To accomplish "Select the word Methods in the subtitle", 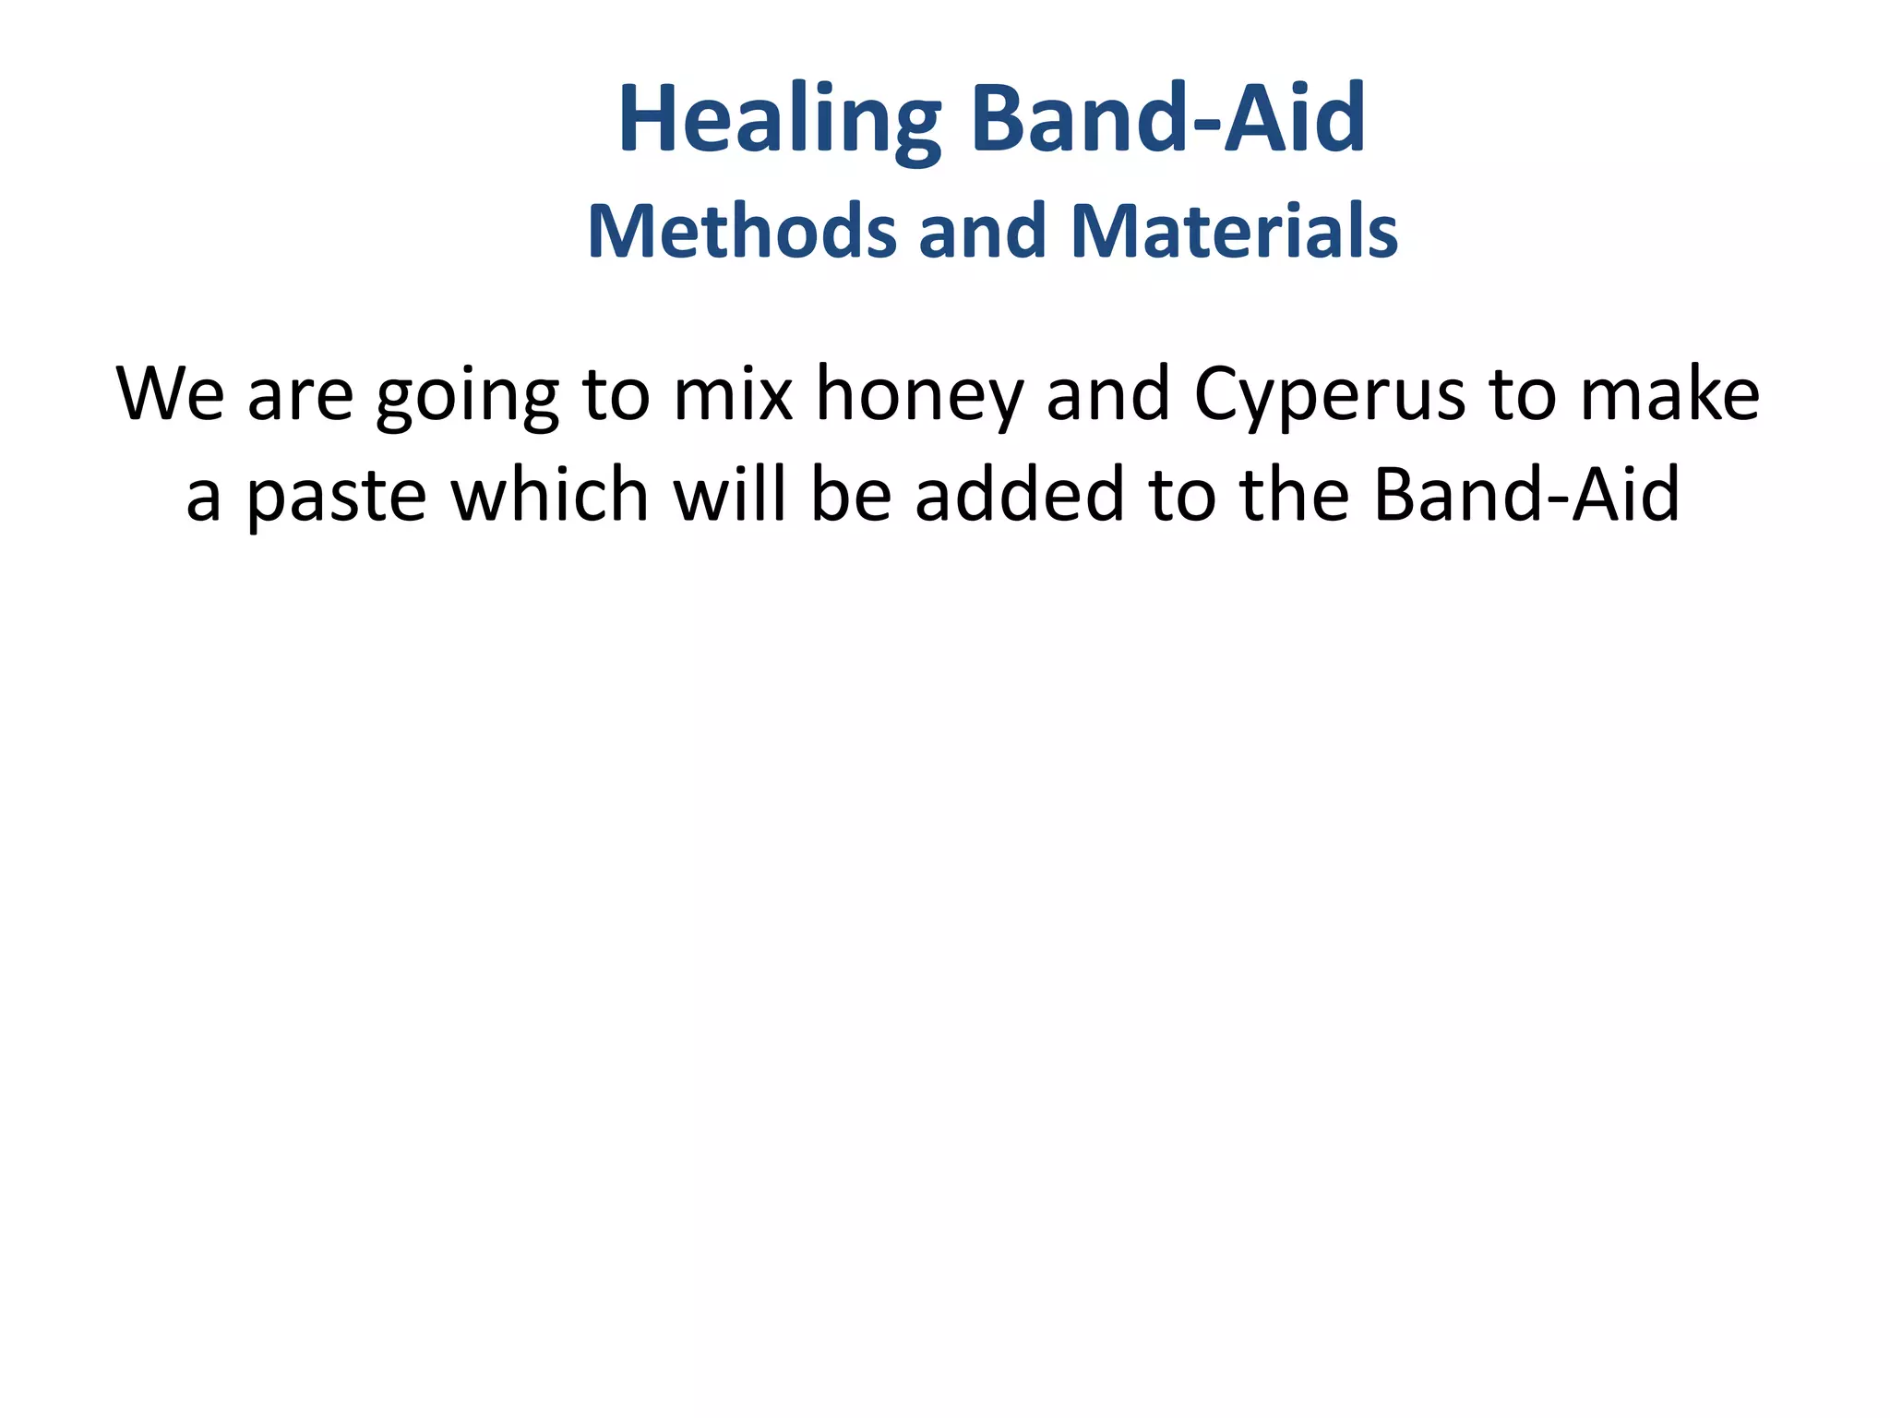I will (x=742, y=231).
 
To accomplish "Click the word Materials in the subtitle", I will (x=1234, y=231).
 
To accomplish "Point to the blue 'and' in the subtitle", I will (x=982, y=231).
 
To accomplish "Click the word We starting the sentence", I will (x=170, y=394).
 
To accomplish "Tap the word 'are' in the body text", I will (x=300, y=394).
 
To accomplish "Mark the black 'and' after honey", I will (x=1108, y=394).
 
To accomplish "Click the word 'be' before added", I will (x=851, y=495).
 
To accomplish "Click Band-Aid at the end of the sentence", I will (x=1526, y=495).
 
